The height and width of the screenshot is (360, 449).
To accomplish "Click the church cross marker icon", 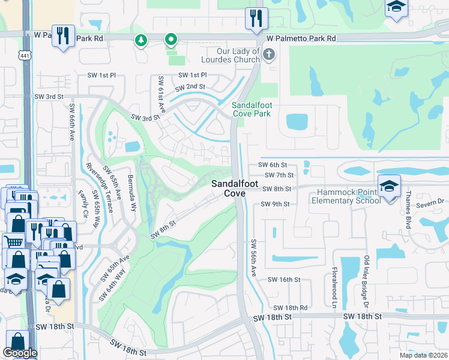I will click(268, 56).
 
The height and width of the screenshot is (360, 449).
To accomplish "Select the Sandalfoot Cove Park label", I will click(252, 109).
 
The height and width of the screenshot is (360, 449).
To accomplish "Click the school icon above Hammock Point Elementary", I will click(389, 185).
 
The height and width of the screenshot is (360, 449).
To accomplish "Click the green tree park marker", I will click(142, 41).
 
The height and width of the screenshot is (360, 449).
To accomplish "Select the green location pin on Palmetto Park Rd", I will click(171, 40).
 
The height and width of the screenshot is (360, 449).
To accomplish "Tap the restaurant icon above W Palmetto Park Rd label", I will click(255, 19).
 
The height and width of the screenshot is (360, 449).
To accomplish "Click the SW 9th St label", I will click(275, 204).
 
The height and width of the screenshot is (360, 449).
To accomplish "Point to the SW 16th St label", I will click(283, 280).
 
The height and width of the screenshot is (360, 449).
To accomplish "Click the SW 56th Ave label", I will click(254, 259).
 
